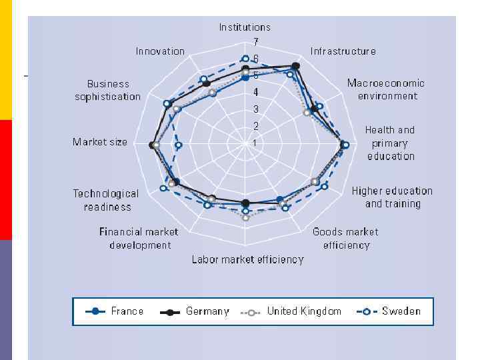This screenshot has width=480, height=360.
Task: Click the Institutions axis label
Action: tap(245, 27)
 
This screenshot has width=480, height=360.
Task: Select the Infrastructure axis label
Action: tap(343, 51)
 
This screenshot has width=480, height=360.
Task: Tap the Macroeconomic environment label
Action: tap(386, 89)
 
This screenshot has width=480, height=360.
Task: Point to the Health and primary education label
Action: tap(390, 143)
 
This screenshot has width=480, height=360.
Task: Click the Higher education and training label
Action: tap(392, 197)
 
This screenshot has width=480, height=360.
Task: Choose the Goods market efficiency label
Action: tap(345, 239)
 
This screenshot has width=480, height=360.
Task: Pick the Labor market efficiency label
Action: tap(247, 259)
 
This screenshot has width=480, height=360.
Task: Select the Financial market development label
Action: tap(139, 239)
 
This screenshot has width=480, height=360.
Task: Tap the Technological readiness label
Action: tap(106, 200)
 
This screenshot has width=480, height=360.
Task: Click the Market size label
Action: tap(100, 142)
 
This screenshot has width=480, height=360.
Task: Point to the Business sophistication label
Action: tap(108, 90)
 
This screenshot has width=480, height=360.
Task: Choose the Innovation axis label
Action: tap(160, 51)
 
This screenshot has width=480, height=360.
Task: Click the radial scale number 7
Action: tap(255, 41)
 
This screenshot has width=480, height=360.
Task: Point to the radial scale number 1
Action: tap(254, 143)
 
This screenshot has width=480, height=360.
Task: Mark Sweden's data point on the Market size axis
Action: tap(177, 144)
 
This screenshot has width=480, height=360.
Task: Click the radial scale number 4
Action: tap(255, 93)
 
